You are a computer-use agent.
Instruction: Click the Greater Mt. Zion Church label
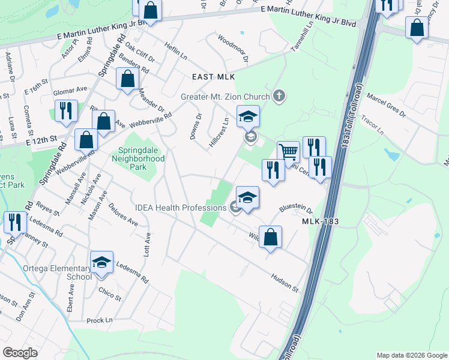pyautogui.click(x=225, y=96)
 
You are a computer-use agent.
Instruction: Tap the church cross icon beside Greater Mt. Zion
pyautogui.click(x=278, y=95)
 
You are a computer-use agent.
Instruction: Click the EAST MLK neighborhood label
pyautogui.click(x=213, y=77)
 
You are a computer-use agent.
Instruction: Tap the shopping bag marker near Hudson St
pyautogui.click(x=271, y=236)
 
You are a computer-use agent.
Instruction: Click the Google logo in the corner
pyautogui.click(x=20, y=353)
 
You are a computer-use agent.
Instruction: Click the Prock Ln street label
pyautogui.click(x=100, y=320)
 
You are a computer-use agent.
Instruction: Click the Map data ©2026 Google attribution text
pyautogui.click(x=411, y=355)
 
